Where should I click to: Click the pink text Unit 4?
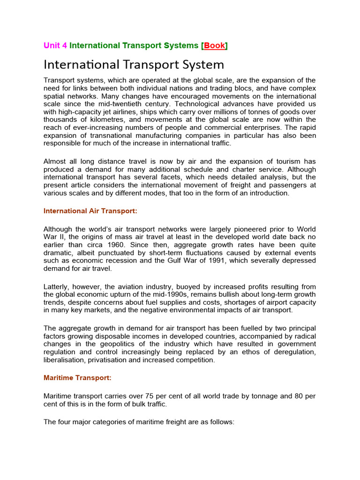point(55,45)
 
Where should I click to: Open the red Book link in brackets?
point(214,45)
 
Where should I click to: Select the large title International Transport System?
point(134,64)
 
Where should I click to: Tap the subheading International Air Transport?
point(90,211)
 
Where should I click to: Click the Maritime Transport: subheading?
point(77,377)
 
